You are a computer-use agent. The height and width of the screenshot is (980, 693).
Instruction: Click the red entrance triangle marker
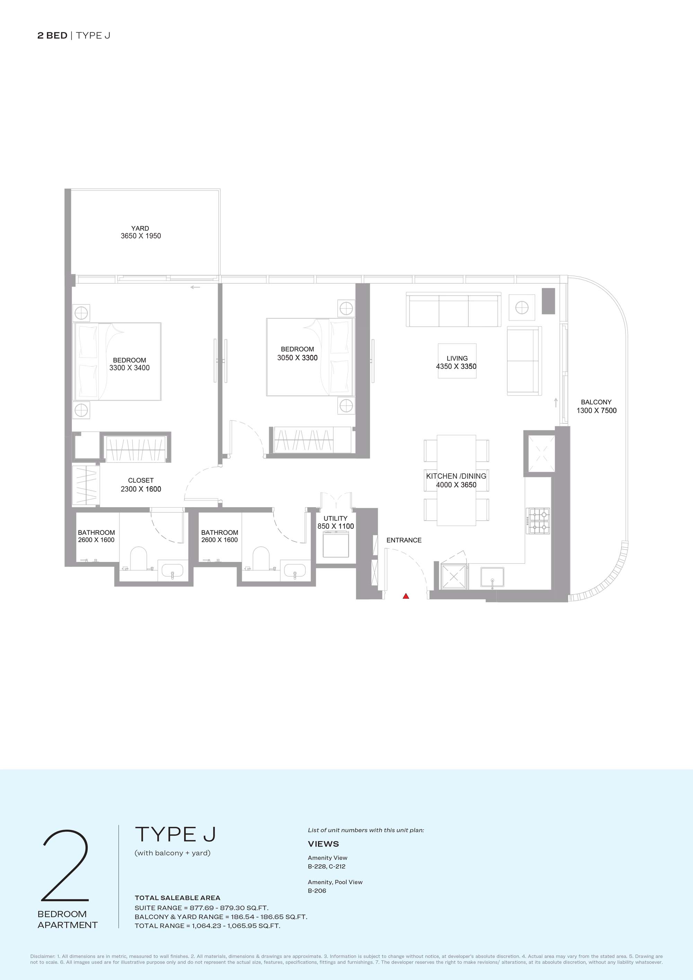click(x=406, y=596)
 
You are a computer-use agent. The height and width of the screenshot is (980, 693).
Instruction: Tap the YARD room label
click(x=140, y=228)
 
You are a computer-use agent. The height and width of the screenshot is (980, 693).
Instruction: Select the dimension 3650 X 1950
click(x=141, y=236)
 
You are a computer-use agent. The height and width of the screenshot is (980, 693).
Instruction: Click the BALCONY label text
click(x=596, y=402)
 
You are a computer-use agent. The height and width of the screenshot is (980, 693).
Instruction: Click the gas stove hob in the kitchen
click(x=538, y=521)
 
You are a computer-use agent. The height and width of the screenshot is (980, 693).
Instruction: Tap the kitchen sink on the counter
click(x=492, y=577)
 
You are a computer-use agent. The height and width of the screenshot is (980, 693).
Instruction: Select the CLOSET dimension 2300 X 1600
click(x=141, y=489)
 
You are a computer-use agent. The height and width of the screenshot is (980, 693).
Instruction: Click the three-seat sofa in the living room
click(x=454, y=310)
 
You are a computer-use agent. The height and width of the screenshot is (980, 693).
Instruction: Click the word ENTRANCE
click(x=404, y=540)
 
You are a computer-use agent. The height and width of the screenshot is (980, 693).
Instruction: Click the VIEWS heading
click(x=323, y=844)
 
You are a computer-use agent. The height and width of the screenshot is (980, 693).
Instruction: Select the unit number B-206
click(x=317, y=891)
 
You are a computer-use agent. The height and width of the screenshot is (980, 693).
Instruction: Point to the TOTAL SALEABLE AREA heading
click(x=178, y=898)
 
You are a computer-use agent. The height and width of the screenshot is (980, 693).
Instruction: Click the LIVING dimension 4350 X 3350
click(x=456, y=366)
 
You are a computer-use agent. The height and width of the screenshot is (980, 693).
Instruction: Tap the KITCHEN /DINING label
click(x=456, y=476)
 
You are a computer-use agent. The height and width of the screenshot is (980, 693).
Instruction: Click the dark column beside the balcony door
click(x=548, y=301)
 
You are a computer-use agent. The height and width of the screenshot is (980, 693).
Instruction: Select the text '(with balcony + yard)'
click(x=173, y=853)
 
